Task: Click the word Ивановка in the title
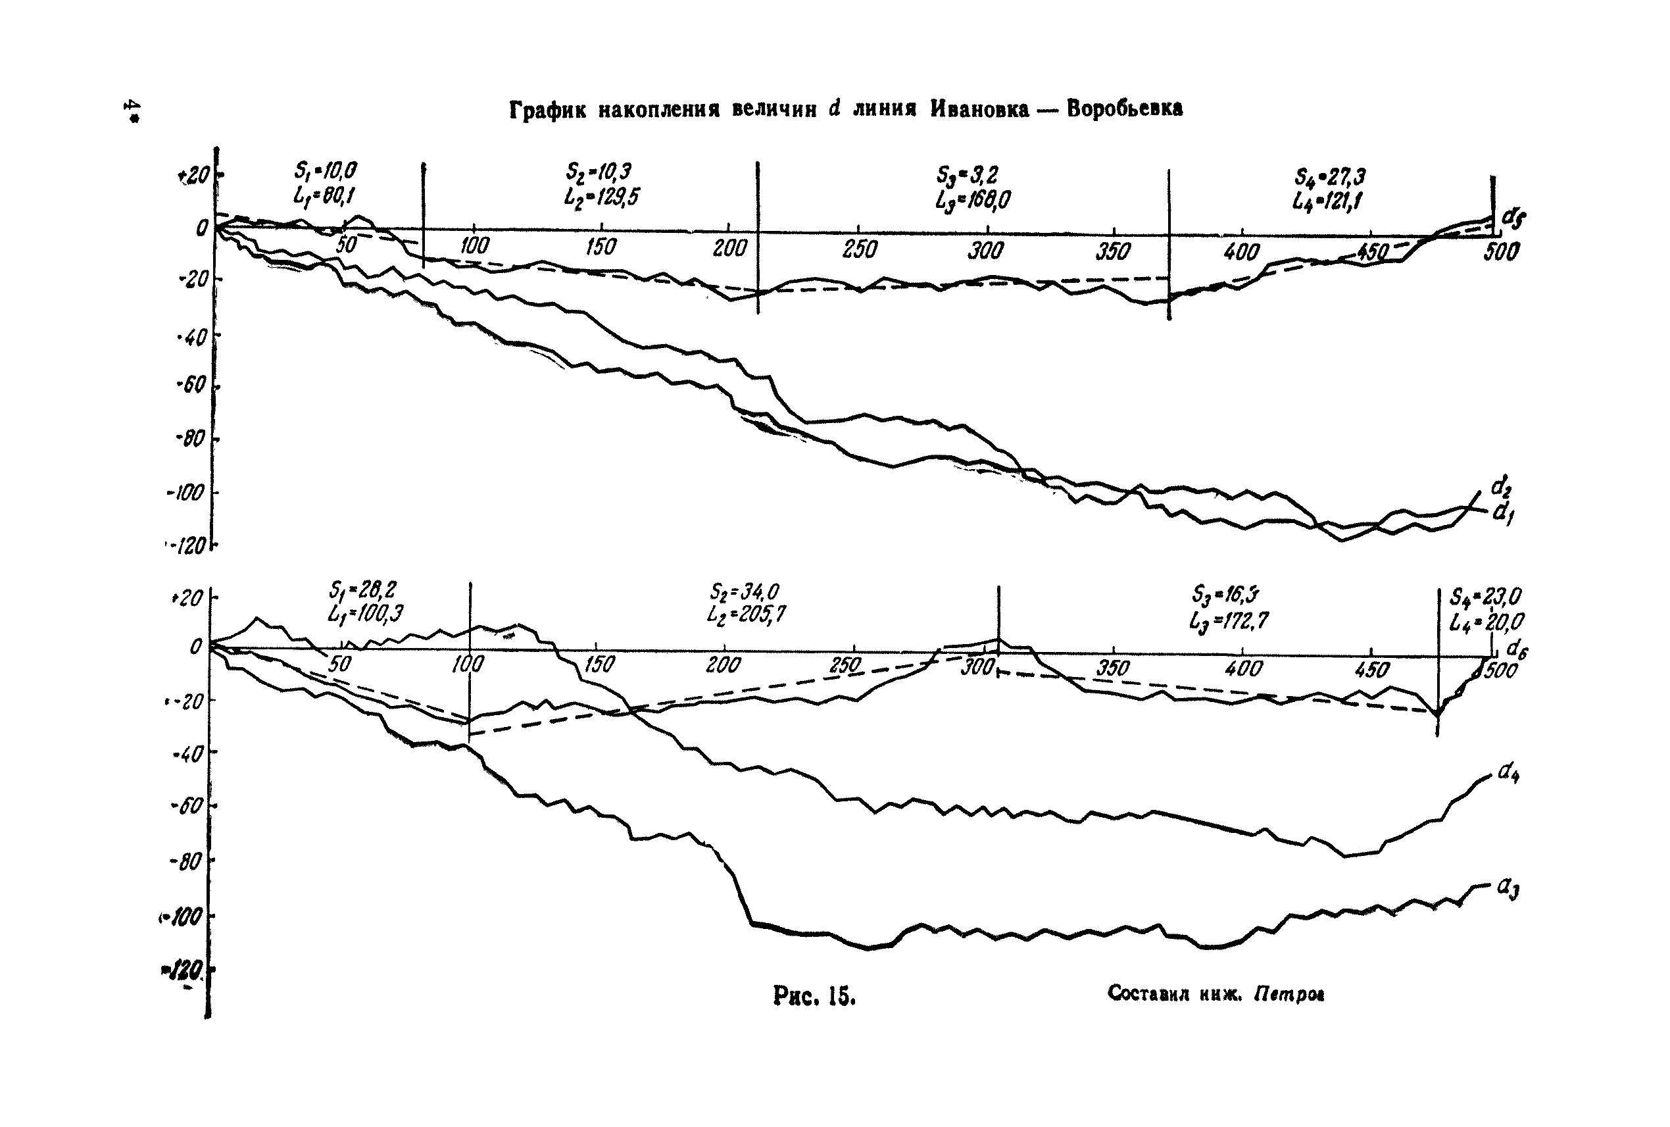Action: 979,109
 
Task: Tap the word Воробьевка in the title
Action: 1125,109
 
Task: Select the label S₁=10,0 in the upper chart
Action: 325,171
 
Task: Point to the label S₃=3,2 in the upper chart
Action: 968,174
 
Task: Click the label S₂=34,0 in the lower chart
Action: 745,591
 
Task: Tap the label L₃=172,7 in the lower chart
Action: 1228,620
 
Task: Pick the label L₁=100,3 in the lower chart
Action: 365,614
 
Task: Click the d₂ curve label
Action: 1500,488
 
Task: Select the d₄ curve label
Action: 1508,772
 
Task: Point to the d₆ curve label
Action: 1517,650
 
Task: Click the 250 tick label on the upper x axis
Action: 860,249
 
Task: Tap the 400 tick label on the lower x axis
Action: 1244,669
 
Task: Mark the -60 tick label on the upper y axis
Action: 191,386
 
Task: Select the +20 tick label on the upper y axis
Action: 193,174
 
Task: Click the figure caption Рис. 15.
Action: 814,995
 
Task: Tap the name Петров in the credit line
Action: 1290,994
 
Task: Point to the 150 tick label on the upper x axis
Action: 601,247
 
